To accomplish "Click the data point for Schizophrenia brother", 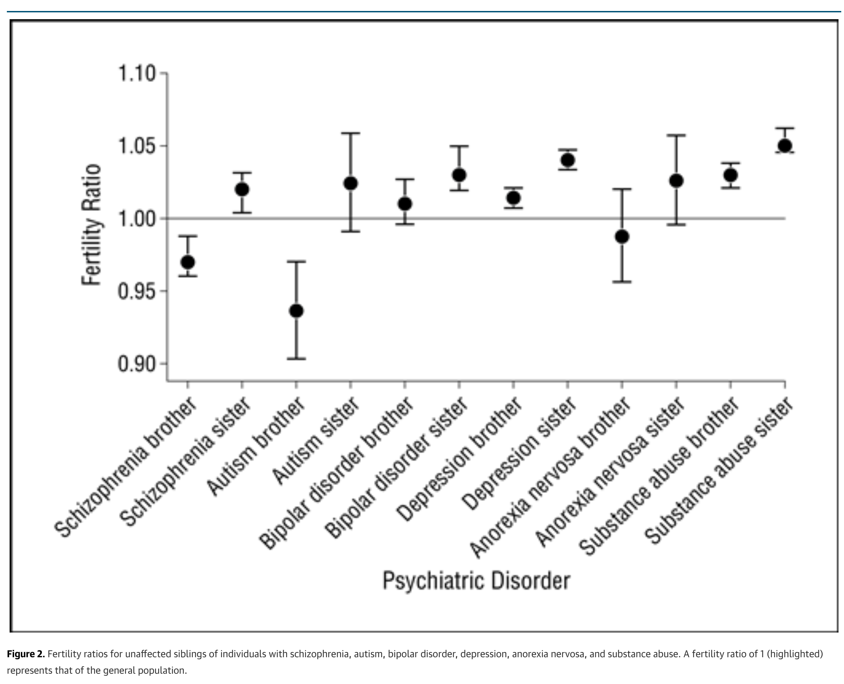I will pyautogui.click(x=188, y=262).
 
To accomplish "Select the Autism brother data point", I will pyautogui.click(x=296, y=311).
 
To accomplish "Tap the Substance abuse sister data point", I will pyautogui.click(x=785, y=146).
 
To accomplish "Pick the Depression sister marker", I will pyautogui.click(x=567, y=160).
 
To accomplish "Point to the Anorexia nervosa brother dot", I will pyautogui.click(x=622, y=237).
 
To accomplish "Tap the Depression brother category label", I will pyautogui.click(x=459, y=459).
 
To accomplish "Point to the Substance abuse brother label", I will pyautogui.click(x=658, y=477).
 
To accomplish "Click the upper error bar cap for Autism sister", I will pyautogui.click(x=350, y=133).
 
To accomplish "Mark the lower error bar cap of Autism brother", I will pyautogui.click(x=296, y=358).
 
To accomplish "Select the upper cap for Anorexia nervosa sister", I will pyautogui.click(x=676, y=135).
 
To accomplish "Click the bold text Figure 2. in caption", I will pyautogui.click(x=26, y=654).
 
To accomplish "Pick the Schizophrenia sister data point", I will pyautogui.click(x=242, y=189).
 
